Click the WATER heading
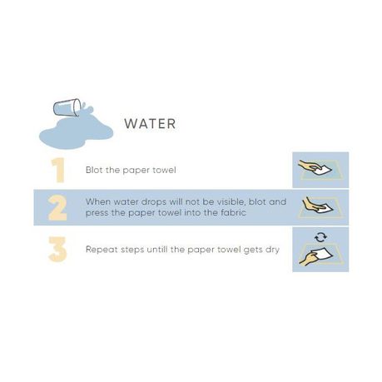coord(150,124)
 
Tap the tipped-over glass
coord(67,107)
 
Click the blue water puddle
coord(76,132)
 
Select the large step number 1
coord(58,171)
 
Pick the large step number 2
coord(57,208)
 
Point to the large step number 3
coord(57,249)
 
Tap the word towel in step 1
coord(165,170)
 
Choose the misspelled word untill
coord(157,250)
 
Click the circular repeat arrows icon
coord(320,237)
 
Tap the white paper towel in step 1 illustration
coord(322,170)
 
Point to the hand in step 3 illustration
coord(308,260)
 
